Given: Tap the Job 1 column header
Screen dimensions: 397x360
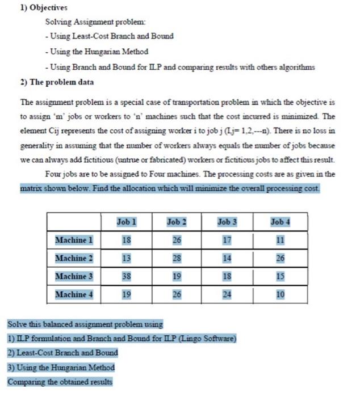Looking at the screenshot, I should coord(126,222).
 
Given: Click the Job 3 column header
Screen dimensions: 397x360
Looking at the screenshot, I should coord(227,222).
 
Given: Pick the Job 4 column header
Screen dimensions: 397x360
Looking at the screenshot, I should coord(280,222).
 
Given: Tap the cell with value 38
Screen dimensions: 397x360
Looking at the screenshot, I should coord(126,276).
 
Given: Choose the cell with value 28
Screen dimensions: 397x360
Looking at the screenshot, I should coord(177,258).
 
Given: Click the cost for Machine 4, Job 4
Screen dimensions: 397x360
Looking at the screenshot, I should coord(280,294).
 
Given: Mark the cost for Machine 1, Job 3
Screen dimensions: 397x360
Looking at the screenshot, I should coord(227,240).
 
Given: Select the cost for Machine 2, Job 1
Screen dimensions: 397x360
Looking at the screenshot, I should coord(126,258).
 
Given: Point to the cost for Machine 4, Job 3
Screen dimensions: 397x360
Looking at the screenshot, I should coord(227,294).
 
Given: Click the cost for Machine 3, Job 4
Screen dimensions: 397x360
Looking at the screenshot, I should coord(280,276).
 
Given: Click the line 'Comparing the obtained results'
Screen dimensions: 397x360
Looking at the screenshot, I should coord(60,382).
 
